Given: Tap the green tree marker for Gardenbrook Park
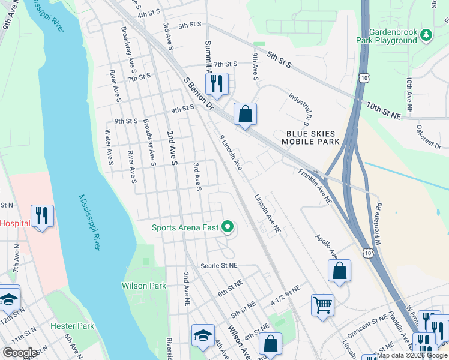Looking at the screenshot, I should click(426, 35).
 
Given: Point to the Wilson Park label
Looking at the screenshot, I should click(144, 286).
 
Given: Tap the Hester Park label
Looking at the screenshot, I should click(73, 326).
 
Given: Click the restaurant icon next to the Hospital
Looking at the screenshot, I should click(42, 215).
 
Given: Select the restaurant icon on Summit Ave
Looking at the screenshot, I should click(217, 83).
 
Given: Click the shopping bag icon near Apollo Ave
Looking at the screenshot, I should click(339, 271).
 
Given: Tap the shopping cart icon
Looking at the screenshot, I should click(322, 305).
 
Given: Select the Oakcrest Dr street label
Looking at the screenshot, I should click(429, 136).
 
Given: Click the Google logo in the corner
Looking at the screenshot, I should click(20, 353).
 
